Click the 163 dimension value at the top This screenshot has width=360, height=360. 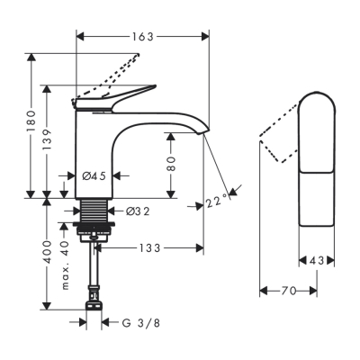click(142, 37)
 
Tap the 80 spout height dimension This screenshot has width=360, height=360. click(170, 166)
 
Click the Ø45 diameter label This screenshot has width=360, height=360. click(94, 176)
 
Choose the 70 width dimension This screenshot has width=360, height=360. click(288, 291)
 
